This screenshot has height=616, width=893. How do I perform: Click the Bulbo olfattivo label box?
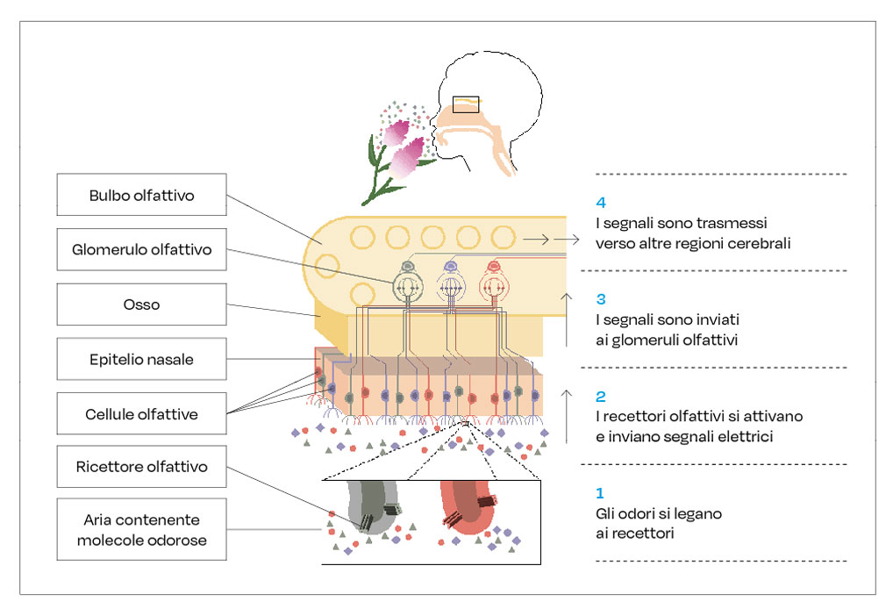click(141, 196)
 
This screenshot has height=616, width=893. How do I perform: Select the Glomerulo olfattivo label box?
click(141, 250)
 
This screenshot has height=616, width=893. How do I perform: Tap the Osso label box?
click(141, 304)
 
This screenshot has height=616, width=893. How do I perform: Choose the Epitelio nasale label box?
click(141, 359)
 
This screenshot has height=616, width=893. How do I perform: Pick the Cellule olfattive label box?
click(141, 414)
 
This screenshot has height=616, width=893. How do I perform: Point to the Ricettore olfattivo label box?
click(141, 467)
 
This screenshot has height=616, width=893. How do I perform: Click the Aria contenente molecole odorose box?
click(141, 529)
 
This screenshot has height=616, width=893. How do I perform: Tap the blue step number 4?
click(600, 203)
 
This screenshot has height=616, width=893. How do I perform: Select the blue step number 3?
click(600, 299)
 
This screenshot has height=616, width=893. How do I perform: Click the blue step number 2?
click(600, 397)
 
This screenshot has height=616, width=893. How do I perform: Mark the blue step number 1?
click(600, 493)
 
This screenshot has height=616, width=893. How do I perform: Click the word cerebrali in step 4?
click(755, 243)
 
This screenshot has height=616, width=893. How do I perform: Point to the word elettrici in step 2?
click(744, 436)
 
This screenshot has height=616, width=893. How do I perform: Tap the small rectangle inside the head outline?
click(466, 104)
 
